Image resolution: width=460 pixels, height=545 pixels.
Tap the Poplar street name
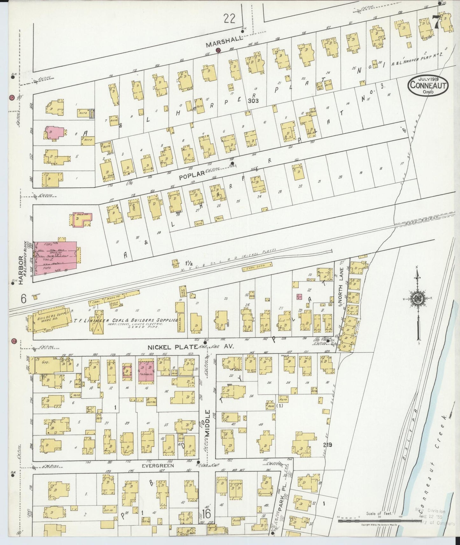click(x=191, y=175)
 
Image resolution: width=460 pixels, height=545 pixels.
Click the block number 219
click(x=327, y=445)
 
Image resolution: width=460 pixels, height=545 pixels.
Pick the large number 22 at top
click(x=229, y=19)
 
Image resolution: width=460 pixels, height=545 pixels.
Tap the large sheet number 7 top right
click(x=436, y=22)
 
